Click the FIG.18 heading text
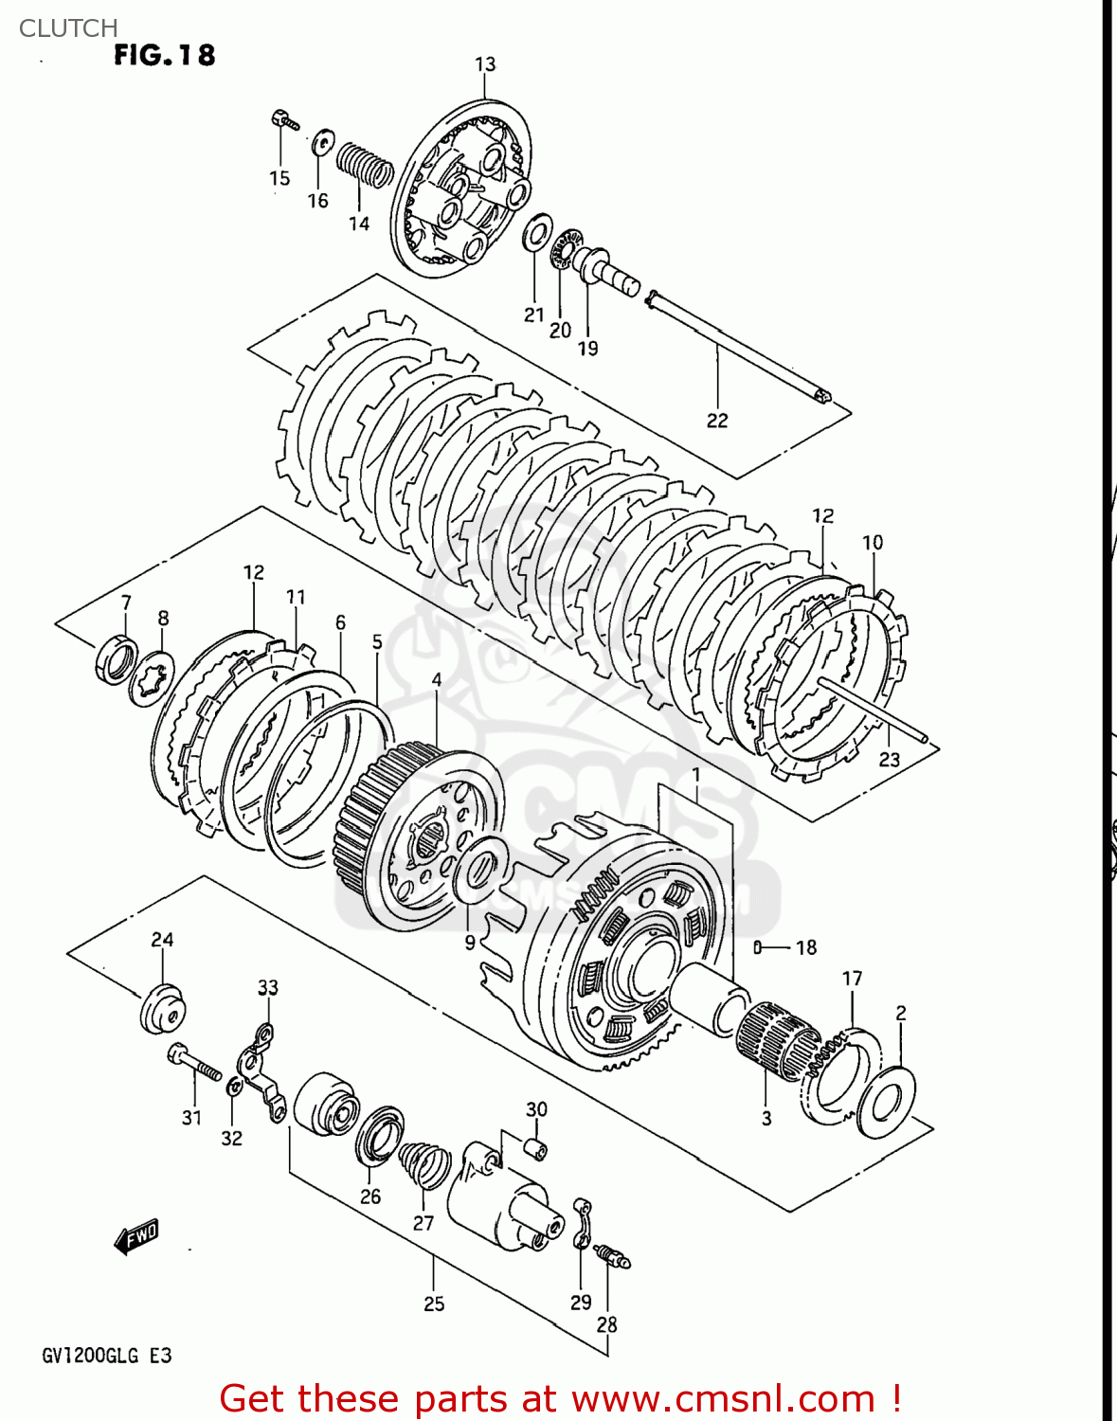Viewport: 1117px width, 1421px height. point(164,56)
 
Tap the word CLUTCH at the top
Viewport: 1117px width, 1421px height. point(68,28)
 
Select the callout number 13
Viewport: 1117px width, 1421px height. point(484,64)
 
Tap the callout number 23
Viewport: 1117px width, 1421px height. point(889,759)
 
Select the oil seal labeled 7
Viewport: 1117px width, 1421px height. point(116,660)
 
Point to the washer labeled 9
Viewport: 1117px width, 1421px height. point(480,868)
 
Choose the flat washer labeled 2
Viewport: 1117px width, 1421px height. point(886,1102)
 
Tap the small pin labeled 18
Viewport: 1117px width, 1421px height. point(758,947)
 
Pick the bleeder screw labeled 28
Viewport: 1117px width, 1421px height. point(611,1257)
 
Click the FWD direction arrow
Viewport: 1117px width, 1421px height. point(135,1236)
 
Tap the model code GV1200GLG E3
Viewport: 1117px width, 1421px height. point(106,1356)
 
